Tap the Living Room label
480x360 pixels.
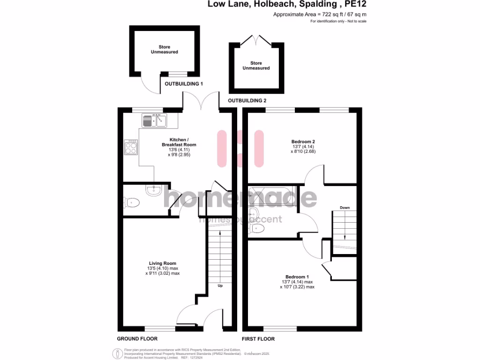163,263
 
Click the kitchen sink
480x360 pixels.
154,121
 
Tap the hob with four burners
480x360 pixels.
131,148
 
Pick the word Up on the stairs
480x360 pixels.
219,285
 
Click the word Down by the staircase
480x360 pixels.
345,208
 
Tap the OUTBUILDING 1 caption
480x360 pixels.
183,84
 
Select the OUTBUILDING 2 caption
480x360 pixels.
247,101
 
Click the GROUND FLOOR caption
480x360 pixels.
137,338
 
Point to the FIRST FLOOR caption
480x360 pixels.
258,338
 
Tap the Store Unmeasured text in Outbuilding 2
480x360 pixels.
256,66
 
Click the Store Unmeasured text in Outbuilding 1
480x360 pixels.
164,49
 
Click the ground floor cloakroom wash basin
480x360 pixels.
153,190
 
